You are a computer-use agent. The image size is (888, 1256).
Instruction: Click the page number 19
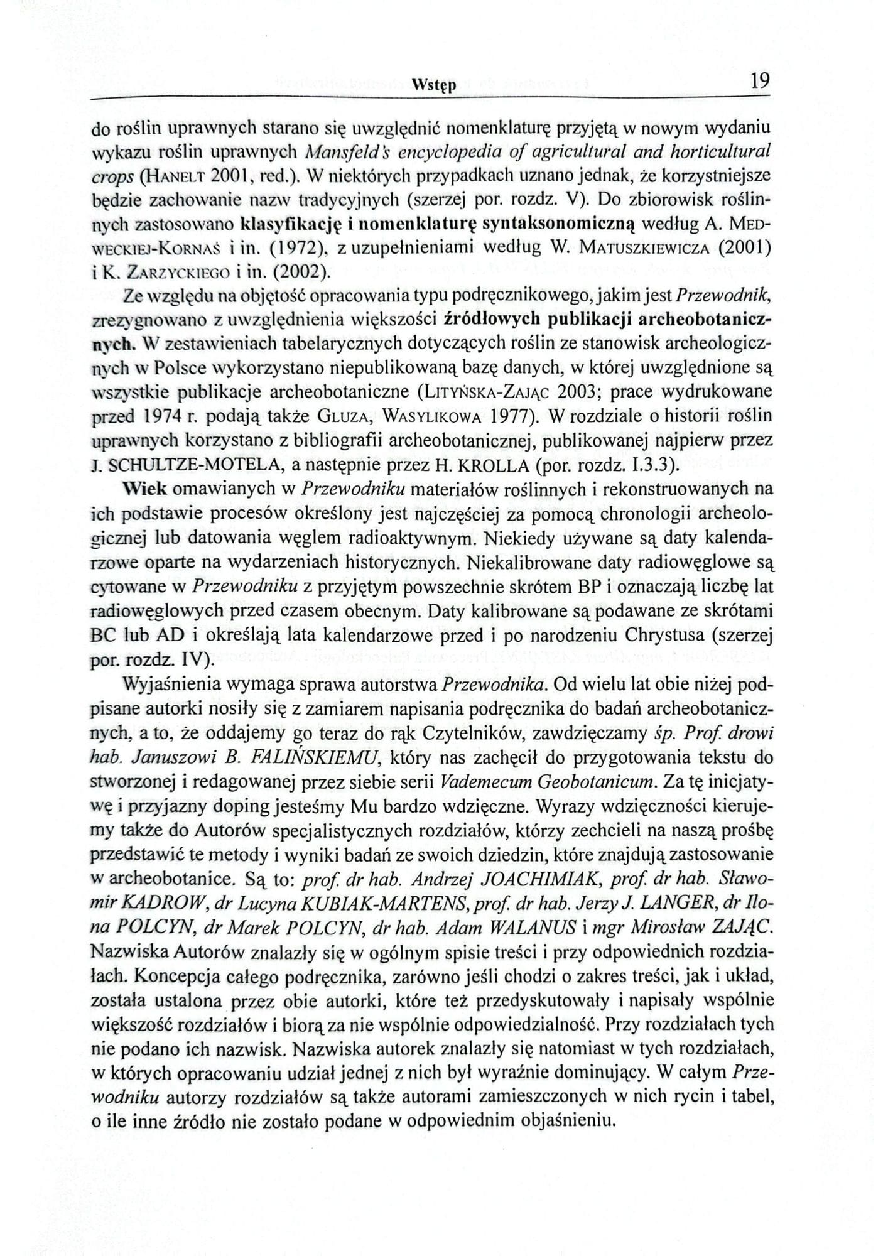[x=759, y=81]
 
